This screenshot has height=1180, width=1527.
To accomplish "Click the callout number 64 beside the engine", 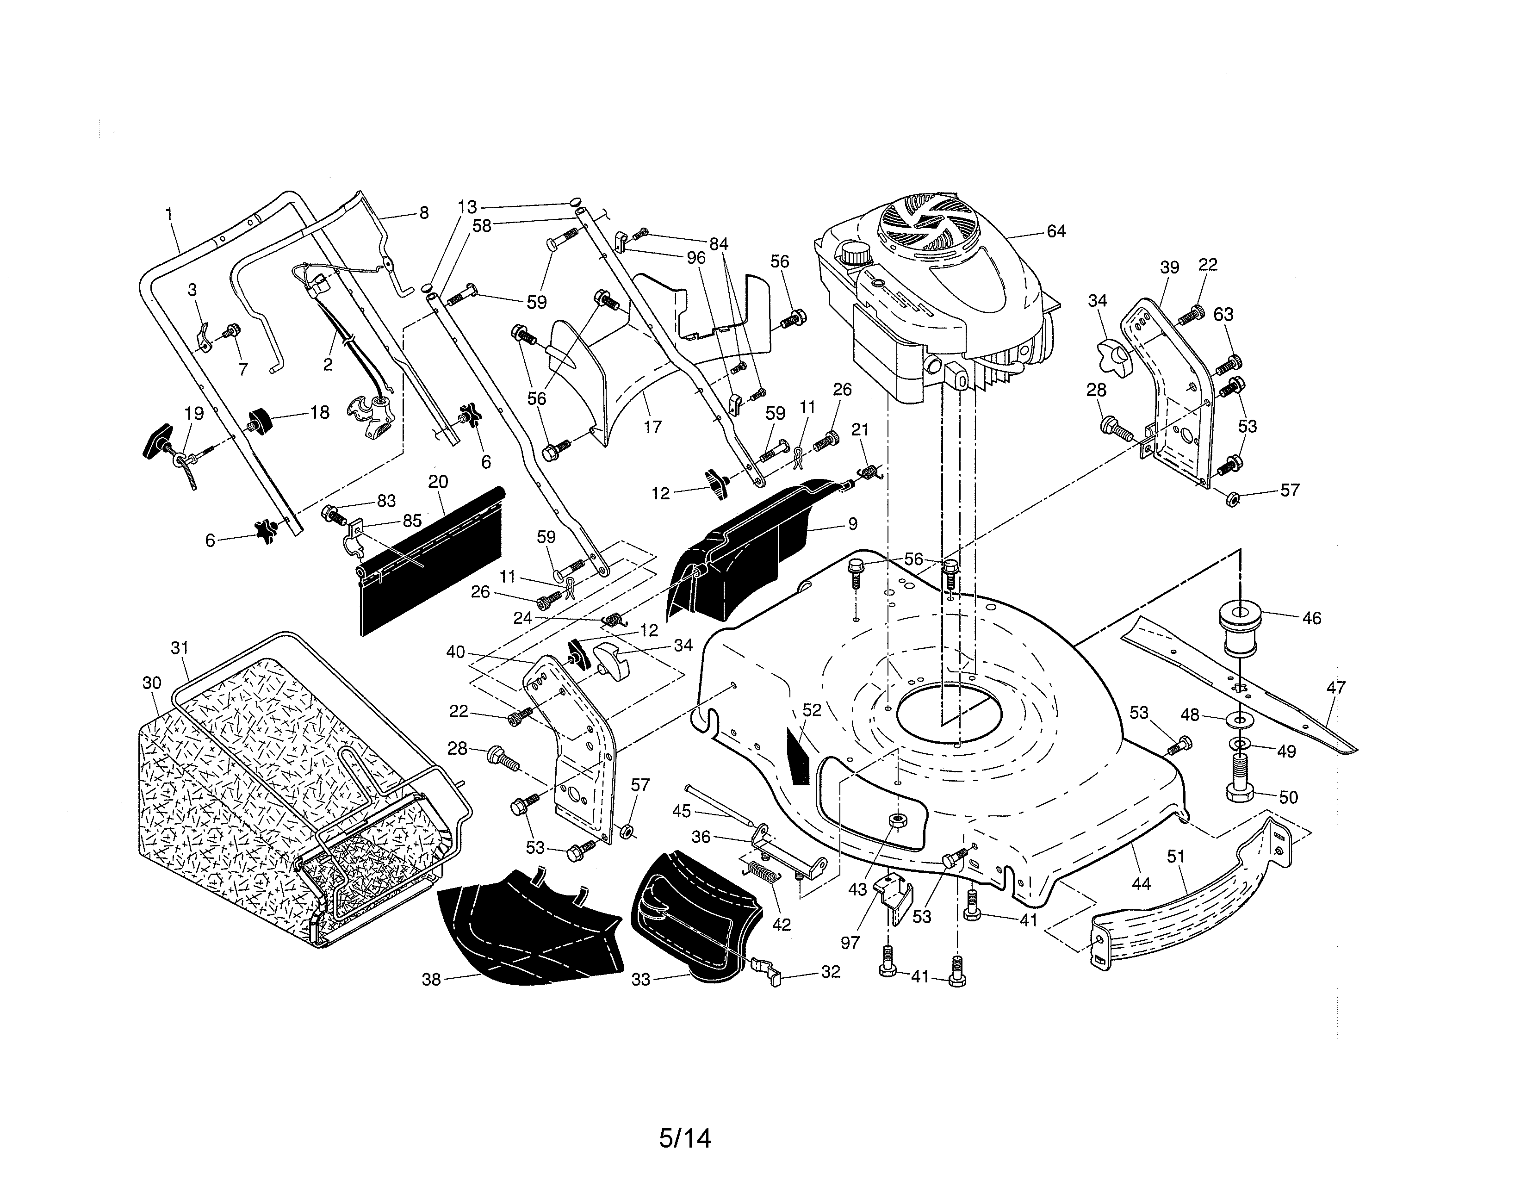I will [x=1056, y=231].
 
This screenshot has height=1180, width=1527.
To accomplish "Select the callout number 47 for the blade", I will [x=1335, y=688].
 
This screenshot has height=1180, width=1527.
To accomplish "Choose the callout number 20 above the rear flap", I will [x=438, y=482].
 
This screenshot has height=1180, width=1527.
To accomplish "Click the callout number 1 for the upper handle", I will [x=168, y=213].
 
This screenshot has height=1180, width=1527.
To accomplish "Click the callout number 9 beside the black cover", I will [x=851, y=523].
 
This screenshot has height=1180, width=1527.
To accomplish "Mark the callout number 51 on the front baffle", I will [x=1176, y=857].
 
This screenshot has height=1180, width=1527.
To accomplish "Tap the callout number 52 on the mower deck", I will [x=812, y=710].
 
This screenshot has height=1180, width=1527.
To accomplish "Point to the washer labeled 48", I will [x=1239, y=718].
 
